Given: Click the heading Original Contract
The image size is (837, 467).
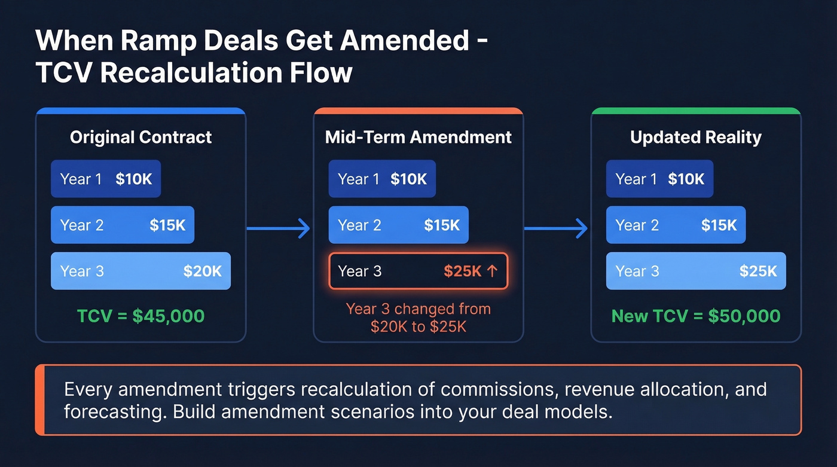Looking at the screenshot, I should pos(140,138).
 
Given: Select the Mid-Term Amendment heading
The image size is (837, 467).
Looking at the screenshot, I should pos(418,138).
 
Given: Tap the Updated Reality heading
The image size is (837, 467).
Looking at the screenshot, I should pos(696,138).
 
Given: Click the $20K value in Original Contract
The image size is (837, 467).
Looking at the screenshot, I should pos(202,271).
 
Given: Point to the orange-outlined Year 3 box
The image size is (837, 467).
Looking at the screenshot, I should pos(418,271).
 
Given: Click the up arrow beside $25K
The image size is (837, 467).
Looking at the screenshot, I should pos(492,271).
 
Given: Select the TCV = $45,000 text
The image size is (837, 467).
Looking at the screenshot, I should pos(140,316).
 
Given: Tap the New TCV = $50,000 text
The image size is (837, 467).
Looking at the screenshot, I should pos(696,316).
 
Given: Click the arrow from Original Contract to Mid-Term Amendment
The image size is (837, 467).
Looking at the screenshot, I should pos(279,227).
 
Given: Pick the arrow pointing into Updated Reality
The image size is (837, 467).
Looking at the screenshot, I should pos(557,227).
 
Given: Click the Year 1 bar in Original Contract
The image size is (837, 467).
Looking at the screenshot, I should pos(106,179).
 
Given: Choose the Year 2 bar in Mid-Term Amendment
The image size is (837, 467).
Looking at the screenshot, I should pos(398,225).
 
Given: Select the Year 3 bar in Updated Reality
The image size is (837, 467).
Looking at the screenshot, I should pos(696,271).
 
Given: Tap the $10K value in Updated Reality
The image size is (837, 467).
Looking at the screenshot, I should pos(686,179).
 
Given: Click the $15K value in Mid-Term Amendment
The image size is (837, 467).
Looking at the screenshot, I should pos(442,225).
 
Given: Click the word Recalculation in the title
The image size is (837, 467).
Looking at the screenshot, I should pos(200,73).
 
